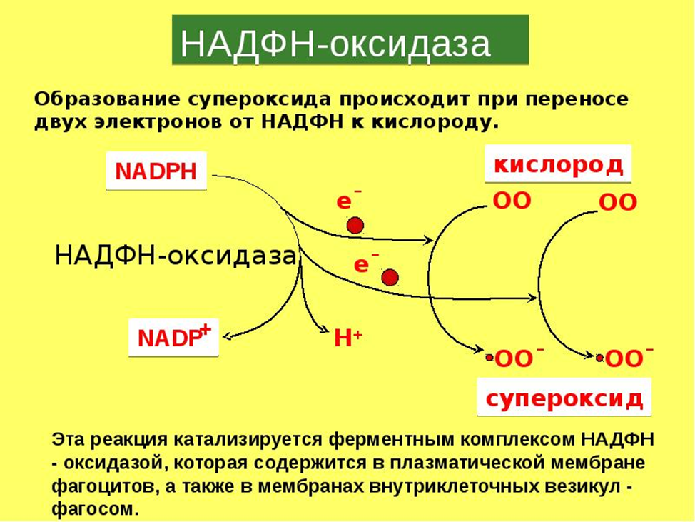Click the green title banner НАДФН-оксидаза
tap(350, 41)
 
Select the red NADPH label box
tap(156, 171)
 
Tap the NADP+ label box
tap(173, 338)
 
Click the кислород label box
tap(557, 164)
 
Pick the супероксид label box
tap(564, 397)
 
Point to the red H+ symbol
tap(348, 338)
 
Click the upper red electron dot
tap(355, 226)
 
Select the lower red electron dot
tap(390, 278)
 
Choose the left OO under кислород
tap(512, 201)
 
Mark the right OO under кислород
tap(617, 202)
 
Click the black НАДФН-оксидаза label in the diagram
tap(176, 256)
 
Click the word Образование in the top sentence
tap(107, 99)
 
